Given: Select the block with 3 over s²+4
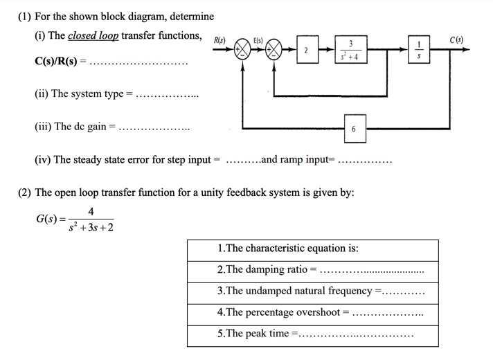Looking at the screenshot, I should [349, 51].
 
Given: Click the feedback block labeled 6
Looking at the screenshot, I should [353, 129].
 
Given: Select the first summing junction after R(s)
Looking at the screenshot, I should [243, 51].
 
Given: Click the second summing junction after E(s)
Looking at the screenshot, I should [275, 51].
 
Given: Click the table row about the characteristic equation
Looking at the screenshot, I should [313, 249].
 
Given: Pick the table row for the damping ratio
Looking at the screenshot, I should [313, 270].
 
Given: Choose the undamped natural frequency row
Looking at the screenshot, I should [313, 291].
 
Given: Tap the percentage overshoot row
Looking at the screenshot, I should [313, 312].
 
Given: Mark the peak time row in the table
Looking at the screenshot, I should [313, 333].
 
